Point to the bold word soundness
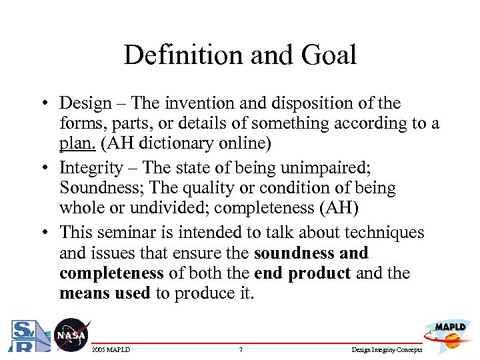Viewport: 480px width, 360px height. click(294, 253)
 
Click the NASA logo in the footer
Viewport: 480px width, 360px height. click(70, 335)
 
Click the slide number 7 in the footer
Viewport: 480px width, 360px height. click(240, 349)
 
